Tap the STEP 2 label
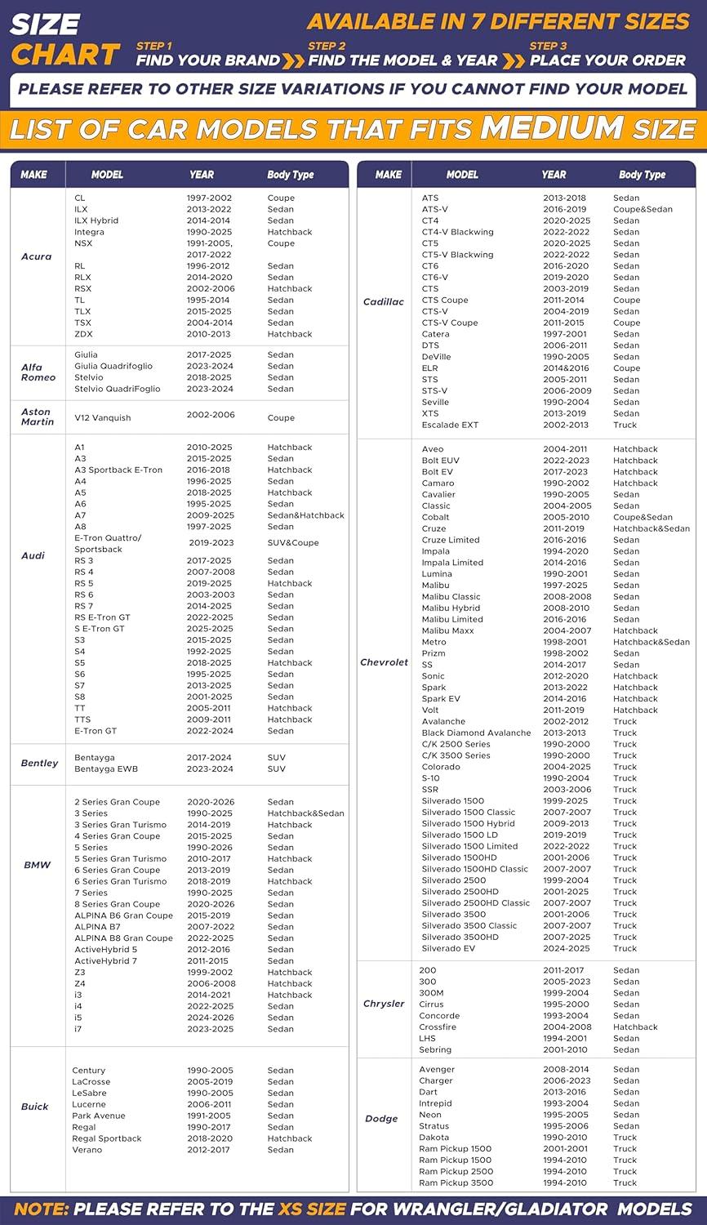click(327, 46)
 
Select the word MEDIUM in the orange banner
click(552, 128)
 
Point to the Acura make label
click(36, 256)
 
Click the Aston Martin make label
click(36, 416)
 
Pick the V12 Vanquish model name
click(102, 418)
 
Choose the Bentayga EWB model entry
click(106, 769)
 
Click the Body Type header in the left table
click(291, 175)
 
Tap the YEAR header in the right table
click(554, 175)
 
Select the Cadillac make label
click(383, 302)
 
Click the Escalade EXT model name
click(450, 425)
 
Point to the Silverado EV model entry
click(448, 949)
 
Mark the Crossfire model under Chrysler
click(438, 1027)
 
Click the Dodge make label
click(381, 1119)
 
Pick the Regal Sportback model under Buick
click(106, 1138)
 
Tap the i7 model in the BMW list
click(78, 1029)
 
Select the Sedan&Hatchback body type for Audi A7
click(305, 516)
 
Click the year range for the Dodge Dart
click(564, 1092)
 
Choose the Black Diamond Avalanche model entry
click(476, 733)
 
